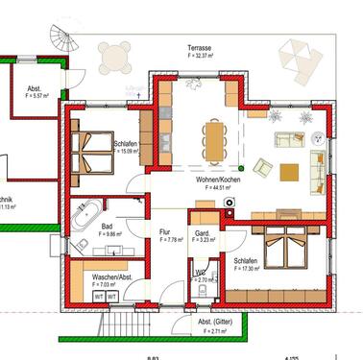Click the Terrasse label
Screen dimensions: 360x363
click(200, 47)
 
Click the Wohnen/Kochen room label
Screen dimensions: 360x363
click(222, 180)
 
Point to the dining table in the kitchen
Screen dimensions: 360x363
click(212, 139)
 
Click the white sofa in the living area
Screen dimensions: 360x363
click(288, 138)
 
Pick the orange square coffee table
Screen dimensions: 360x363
click(289, 173)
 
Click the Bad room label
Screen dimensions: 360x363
click(106, 228)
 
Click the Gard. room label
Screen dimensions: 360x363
click(203, 232)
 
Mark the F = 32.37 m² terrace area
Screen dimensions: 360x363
click(200, 56)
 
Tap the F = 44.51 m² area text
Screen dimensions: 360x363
click(222, 189)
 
